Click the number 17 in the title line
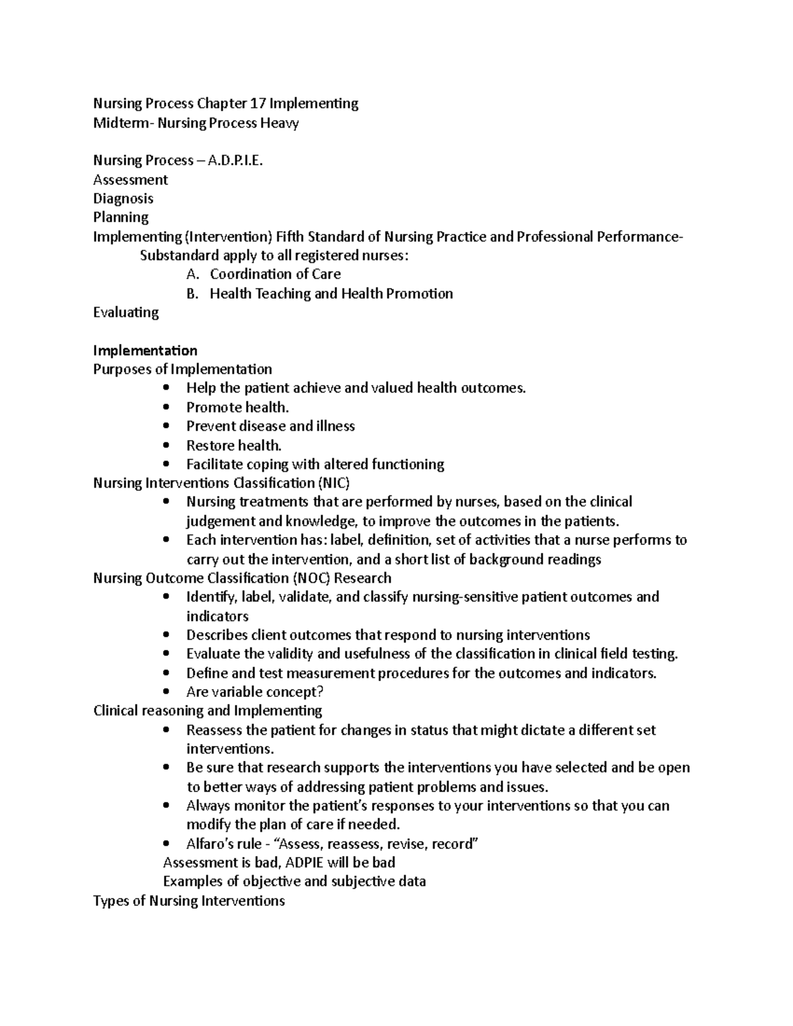coord(257,104)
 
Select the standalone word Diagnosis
coord(123,199)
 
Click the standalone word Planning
coord(121,217)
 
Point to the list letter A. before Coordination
coord(192,274)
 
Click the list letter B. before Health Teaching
coord(192,293)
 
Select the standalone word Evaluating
coord(126,312)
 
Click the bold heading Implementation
coord(145,350)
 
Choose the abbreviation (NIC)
coord(334,483)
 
